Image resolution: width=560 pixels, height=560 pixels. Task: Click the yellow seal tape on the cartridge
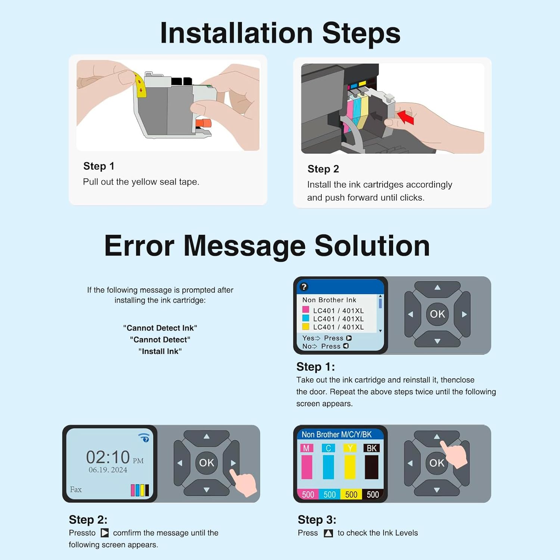(x=140, y=84)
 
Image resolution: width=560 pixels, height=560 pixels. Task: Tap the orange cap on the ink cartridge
(x=203, y=123)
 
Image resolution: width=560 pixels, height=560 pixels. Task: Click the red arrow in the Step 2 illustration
(x=405, y=116)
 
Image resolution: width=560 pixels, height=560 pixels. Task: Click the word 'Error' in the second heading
(x=139, y=246)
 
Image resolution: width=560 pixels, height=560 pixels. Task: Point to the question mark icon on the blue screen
(x=304, y=287)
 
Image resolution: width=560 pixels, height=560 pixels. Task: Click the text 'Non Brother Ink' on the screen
(x=329, y=300)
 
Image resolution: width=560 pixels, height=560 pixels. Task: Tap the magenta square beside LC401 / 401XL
(x=306, y=309)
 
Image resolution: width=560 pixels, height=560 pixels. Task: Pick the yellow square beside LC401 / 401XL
(x=306, y=327)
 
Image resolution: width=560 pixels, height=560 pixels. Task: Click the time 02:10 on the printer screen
(x=108, y=457)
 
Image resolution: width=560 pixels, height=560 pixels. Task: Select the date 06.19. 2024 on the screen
(x=108, y=470)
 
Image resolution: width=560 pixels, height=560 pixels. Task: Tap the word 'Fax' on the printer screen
(x=76, y=489)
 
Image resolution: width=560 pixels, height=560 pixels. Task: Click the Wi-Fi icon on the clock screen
(x=144, y=438)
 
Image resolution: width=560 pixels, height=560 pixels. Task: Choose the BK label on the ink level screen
(x=372, y=448)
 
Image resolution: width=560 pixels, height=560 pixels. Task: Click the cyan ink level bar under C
(x=329, y=467)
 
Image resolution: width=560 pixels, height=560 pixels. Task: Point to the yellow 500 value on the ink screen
(x=351, y=495)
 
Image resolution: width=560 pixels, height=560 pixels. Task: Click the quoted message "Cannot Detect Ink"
(x=160, y=328)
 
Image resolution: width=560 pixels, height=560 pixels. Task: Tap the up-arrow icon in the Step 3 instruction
(x=328, y=533)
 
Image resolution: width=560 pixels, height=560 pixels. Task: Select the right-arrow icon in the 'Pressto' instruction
(x=105, y=533)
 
